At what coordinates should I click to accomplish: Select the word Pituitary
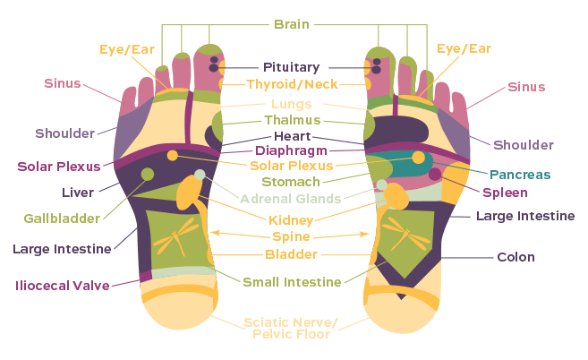point(291,67)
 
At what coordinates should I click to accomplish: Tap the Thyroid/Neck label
point(291,85)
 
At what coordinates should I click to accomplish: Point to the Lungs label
point(292,104)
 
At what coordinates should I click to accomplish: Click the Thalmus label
point(292,120)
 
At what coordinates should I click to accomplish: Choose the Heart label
point(292,136)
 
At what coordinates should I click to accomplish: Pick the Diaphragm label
point(292,150)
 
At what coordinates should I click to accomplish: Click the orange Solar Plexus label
point(291,165)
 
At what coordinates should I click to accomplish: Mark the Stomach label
point(291,182)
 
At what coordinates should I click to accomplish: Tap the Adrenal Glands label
point(290,198)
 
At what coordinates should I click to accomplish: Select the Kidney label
point(291,219)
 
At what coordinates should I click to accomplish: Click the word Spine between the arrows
point(291,236)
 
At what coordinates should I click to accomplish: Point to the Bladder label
point(291,254)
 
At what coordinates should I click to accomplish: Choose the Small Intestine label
point(292,282)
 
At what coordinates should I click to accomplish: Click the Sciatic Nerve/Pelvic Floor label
point(291,328)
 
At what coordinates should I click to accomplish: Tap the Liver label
point(78,192)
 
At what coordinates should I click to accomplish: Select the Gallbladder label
point(60,219)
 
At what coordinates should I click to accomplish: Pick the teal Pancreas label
point(520,174)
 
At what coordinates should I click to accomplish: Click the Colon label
point(516,258)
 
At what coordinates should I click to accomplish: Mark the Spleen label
point(506,192)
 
